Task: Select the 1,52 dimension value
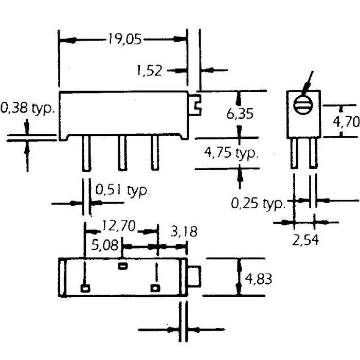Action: (x=149, y=70)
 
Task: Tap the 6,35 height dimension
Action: (x=240, y=114)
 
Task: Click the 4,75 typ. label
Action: (x=231, y=153)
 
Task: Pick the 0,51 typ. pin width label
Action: (x=122, y=190)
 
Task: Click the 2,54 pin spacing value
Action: (x=305, y=240)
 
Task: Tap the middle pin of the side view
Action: (x=122, y=153)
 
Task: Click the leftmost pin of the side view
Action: (x=87, y=153)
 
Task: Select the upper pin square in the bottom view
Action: (x=122, y=266)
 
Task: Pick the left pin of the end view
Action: (x=294, y=153)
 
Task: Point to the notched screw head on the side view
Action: (x=195, y=104)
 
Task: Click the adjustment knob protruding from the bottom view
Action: (x=195, y=277)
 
